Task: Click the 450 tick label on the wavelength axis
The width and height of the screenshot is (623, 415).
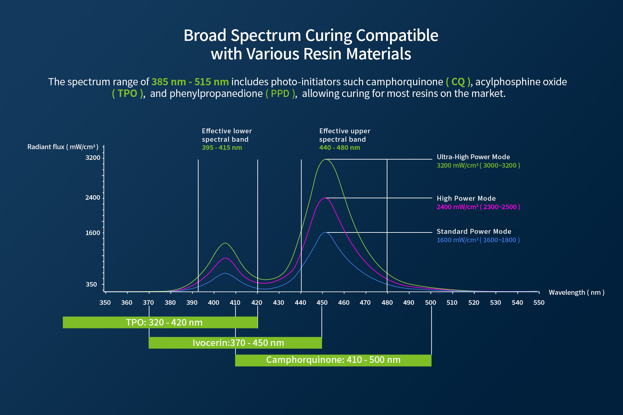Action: [x=322, y=302]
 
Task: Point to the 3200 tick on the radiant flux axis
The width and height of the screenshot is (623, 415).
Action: [x=93, y=158]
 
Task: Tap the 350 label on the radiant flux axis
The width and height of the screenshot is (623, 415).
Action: [x=91, y=284]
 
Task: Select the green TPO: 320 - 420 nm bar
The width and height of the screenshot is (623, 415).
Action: [x=160, y=322]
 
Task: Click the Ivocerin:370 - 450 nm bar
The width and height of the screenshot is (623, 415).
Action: [x=235, y=343]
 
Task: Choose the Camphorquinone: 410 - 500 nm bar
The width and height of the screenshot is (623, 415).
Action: [x=333, y=360]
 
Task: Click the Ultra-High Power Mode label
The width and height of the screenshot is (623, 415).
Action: [x=473, y=157]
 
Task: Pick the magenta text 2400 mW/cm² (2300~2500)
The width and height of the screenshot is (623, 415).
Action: [x=478, y=207]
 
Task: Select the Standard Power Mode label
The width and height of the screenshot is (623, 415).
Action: [x=474, y=231]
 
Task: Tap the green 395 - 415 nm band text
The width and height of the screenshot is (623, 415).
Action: [x=222, y=148]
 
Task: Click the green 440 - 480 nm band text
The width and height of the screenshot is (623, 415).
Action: [x=339, y=148]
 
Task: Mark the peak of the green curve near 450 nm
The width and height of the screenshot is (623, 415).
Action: [x=325, y=160]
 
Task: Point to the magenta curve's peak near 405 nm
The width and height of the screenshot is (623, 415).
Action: [x=225, y=258]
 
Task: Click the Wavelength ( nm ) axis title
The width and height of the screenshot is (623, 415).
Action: [x=576, y=292]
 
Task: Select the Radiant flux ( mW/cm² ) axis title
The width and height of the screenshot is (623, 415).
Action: [x=63, y=147]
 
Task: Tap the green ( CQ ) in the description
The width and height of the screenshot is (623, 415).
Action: [x=458, y=82]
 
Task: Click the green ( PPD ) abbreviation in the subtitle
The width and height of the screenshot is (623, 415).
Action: [x=280, y=93]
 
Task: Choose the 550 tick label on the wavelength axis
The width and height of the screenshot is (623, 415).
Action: [x=539, y=302]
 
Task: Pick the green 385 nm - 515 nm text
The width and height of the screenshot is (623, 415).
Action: [x=190, y=82]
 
